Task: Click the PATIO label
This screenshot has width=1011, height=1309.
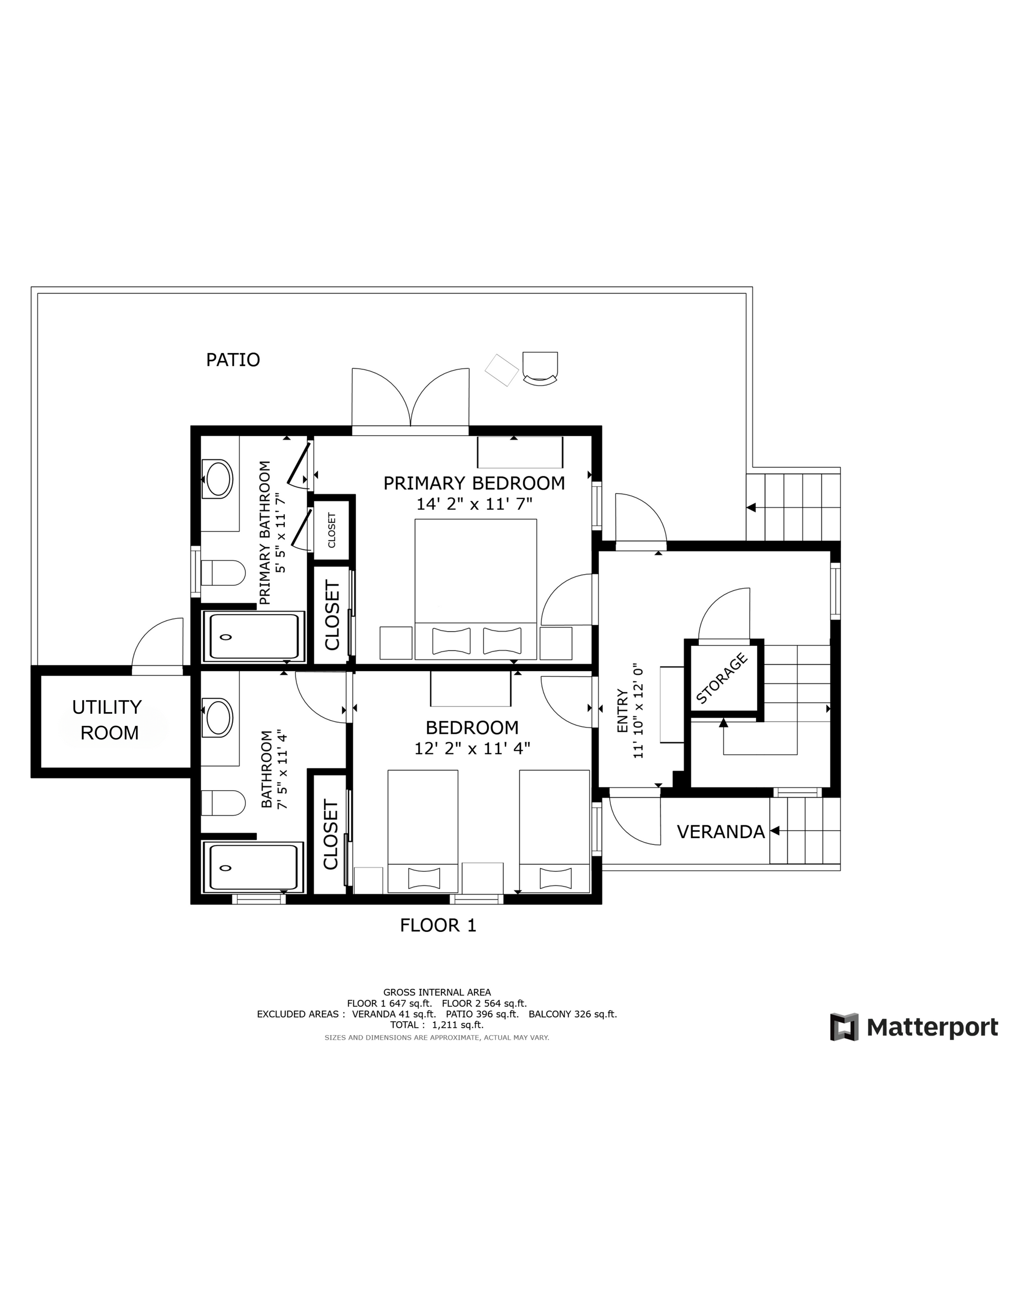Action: (233, 360)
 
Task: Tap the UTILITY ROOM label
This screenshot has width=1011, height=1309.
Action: (107, 720)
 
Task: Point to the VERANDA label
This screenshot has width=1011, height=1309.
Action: (721, 832)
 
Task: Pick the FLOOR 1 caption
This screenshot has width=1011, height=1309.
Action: (438, 926)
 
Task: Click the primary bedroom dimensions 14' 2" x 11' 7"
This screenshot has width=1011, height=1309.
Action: (474, 504)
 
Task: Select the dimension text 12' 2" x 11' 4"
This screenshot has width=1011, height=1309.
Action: (472, 748)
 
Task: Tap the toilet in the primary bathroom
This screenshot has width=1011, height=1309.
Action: (222, 573)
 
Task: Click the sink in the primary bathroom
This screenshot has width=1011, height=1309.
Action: (217, 478)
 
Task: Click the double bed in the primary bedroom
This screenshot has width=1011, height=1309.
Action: (476, 588)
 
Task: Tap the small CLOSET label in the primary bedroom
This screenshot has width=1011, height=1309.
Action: (331, 530)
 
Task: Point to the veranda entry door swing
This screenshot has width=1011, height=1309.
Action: (635, 821)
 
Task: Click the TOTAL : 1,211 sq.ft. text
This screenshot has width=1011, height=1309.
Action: (437, 1025)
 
